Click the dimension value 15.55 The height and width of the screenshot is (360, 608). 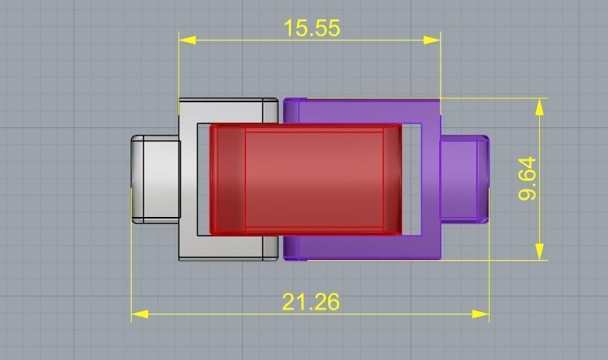pos(312,28)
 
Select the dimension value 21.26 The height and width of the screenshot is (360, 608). pos(310,302)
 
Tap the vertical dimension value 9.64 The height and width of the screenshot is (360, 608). pos(527,179)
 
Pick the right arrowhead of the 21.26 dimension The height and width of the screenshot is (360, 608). pos(481,314)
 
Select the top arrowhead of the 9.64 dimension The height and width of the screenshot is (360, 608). pos(539,107)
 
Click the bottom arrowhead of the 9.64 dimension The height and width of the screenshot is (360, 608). pos(539,251)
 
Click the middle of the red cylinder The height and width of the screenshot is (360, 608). pos(314,179)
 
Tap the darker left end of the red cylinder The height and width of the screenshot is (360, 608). pos(228,179)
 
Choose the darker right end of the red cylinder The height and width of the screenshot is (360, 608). pos(392,179)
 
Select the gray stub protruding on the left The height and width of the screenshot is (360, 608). pos(156,179)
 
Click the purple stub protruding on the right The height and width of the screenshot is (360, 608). pos(464,179)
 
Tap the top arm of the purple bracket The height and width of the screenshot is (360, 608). pos(363,110)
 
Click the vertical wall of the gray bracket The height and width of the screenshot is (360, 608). pos(188,179)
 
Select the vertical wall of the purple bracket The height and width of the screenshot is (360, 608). pos(430,179)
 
